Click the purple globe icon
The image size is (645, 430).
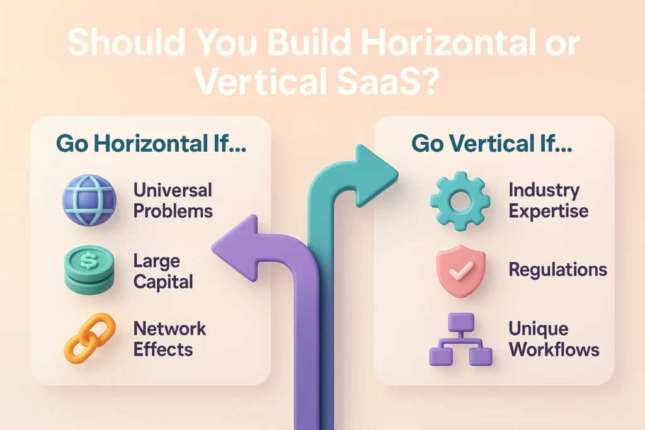tap(89, 201)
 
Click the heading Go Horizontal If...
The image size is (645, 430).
tap(151, 144)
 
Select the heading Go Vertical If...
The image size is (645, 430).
tap(493, 144)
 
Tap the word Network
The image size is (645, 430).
tap(170, 328)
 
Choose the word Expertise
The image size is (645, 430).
tap(547, 211)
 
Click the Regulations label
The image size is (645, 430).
tap(557, 270)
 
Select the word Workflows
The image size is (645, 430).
tap(554, 349)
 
